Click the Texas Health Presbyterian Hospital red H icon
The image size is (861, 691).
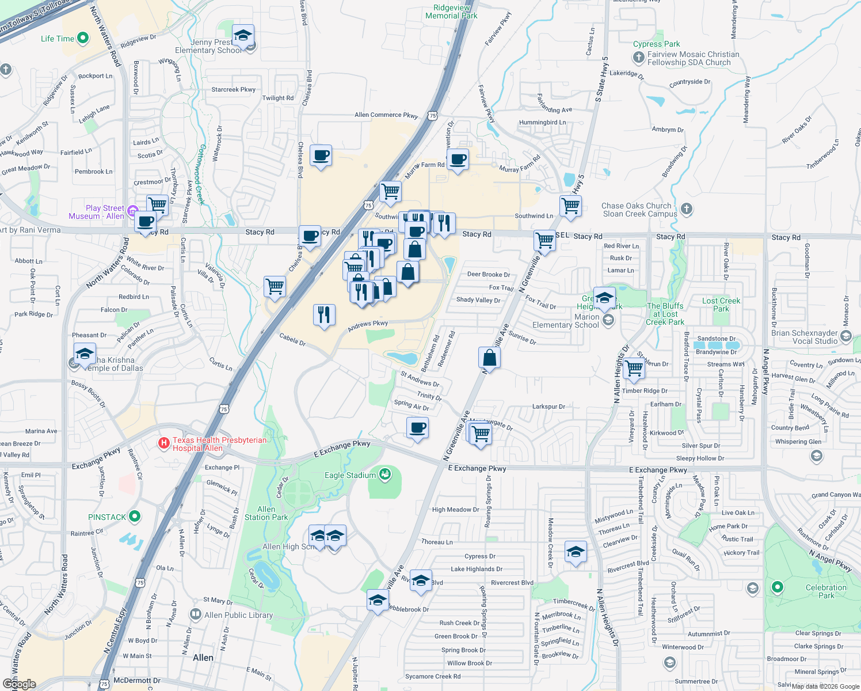coord(164,443)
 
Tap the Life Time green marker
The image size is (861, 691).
coord(83,39)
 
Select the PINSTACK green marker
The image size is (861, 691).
coord(135,517)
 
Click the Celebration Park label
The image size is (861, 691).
coord(826,591)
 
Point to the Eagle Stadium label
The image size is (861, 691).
coord(350,476)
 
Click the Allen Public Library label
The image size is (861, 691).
coord(238,615)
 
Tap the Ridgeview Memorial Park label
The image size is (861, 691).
coord(451,12)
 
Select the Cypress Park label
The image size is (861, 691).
coord(656,44)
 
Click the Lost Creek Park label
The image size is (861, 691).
coord(721,305)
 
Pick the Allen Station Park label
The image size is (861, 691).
coord(266,513)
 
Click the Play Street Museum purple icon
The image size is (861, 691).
coord(133,211)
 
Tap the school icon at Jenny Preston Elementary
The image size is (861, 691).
coord(243,36)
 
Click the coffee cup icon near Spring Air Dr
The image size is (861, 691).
coord(417,428)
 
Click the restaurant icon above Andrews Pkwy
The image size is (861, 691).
coord(324,314)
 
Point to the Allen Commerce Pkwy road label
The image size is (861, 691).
coord(386,115)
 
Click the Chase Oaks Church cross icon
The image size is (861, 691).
coord(686,208)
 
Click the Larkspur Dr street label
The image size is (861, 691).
coord(548,407)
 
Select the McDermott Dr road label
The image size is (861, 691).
coord(137,681)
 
